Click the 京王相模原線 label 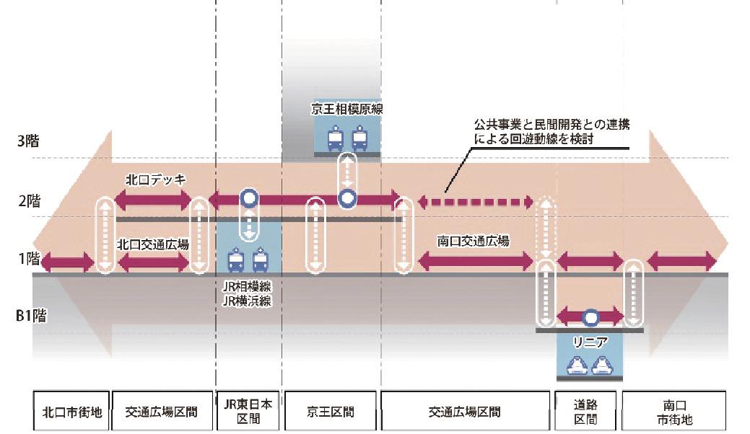346,110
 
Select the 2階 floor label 28,201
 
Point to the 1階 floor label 28,258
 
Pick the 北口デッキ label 153,180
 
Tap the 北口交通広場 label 153,244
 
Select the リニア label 590,342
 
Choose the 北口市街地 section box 71,412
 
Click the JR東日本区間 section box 247,412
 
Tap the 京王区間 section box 331,412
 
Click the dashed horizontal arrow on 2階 476,201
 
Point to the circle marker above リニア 590,316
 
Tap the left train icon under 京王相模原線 336,138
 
